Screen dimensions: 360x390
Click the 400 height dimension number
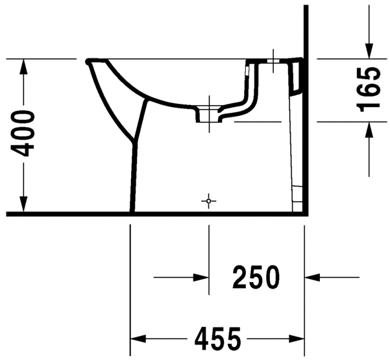[23, 134]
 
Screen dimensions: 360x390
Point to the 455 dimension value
[217, 339]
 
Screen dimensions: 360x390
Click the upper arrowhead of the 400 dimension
[24, 65]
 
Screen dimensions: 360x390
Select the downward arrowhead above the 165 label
[368, 52]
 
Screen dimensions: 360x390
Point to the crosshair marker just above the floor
[208, 201]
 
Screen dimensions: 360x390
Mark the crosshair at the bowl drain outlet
[209, 106]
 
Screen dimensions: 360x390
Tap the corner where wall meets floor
[305, 213]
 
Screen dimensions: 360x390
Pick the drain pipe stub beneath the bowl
[208, 115]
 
